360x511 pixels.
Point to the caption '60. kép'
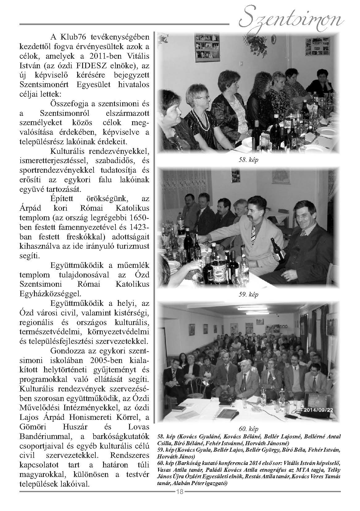(249, 429)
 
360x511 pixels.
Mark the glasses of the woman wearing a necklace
(203, 98)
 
